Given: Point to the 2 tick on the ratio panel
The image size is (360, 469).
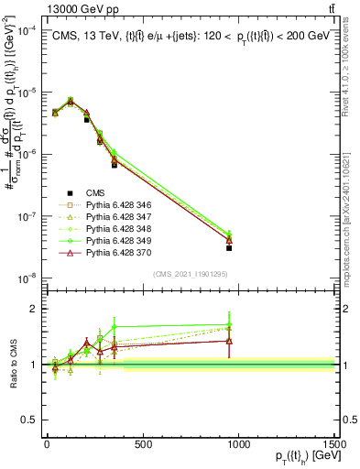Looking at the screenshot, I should pos(32,309).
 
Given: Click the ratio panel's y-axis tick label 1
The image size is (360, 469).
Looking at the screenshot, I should pos(32,365).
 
